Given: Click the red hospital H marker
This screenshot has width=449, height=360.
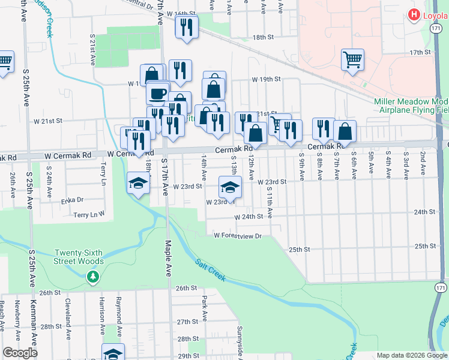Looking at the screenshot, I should [x=414, y=15].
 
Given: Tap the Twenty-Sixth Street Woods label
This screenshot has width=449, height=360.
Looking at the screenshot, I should [x=79, y=257].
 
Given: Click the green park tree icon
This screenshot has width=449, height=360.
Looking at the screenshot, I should [x=92, y=277].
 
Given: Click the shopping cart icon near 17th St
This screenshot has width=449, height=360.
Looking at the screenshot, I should [x=352, y=59].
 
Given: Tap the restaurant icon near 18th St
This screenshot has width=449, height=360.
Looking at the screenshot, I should [x=187, y=27].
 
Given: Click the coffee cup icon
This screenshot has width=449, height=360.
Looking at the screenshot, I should [x=158, y=94].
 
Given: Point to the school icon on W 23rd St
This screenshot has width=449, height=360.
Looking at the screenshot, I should [x=229, y=187].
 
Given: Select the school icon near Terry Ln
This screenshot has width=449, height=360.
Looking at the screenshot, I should [x=138, y=182].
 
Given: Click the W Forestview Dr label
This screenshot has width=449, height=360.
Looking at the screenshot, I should [x=238, y=235].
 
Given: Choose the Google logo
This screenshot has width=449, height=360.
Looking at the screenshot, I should [x=19, y=353].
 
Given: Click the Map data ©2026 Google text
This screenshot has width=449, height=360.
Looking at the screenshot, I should [x=411, y=355].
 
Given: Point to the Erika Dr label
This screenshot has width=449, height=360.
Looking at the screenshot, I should [x=71, y=199].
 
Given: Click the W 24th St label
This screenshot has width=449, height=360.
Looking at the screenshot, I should [x=249, y=217].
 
